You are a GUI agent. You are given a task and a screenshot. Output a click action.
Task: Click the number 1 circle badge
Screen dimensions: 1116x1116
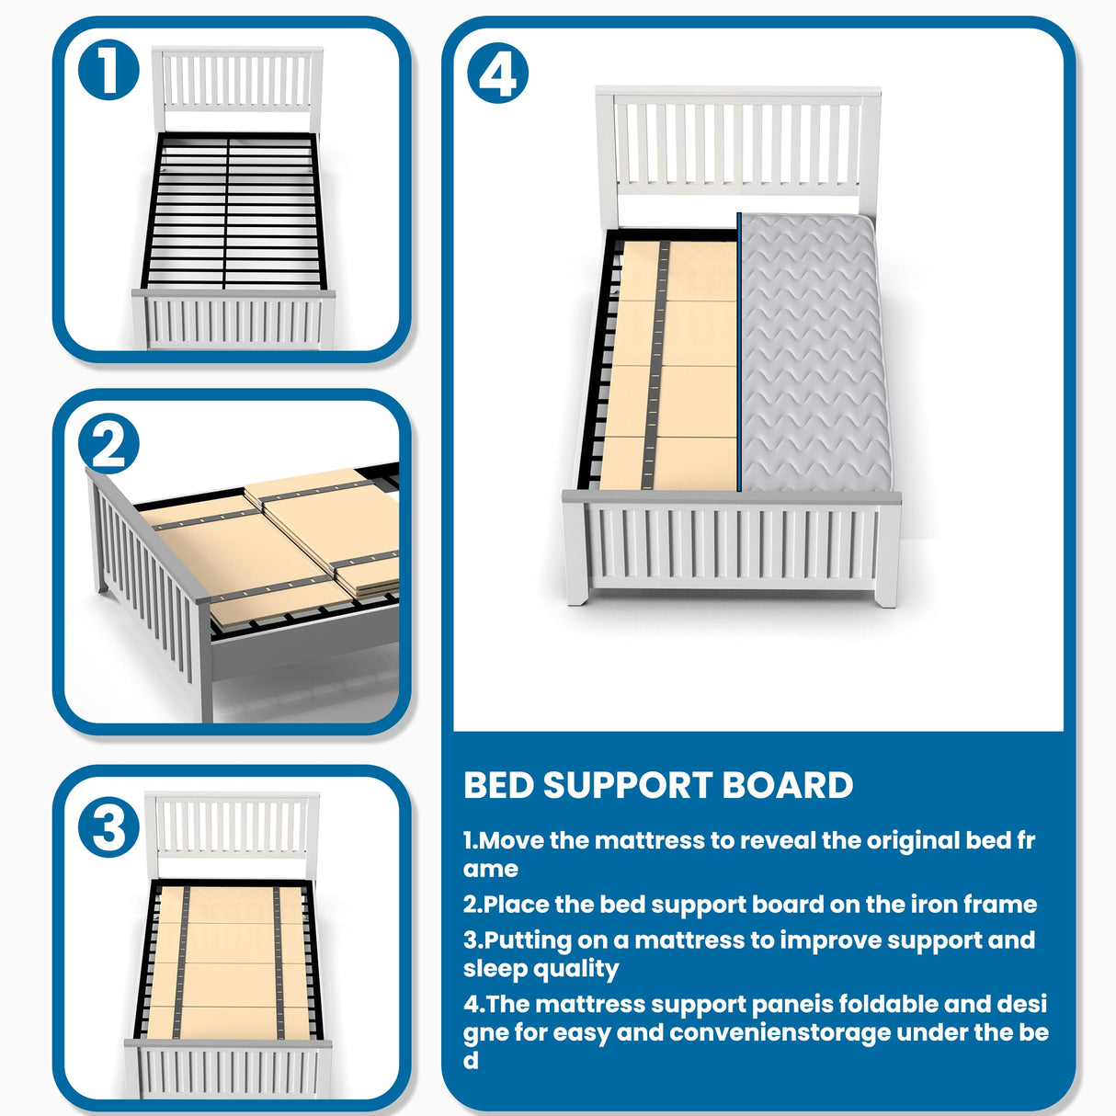coord(108,72)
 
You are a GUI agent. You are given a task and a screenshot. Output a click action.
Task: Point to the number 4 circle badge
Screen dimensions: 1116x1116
coord(498,74)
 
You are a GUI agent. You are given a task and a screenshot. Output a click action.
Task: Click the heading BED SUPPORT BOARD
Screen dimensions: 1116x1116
coord(658,786)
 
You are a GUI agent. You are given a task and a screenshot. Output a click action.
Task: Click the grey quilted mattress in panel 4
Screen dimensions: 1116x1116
coord(814,349)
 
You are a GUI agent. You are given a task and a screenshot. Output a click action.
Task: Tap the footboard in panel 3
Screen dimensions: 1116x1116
coord(229,1070)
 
